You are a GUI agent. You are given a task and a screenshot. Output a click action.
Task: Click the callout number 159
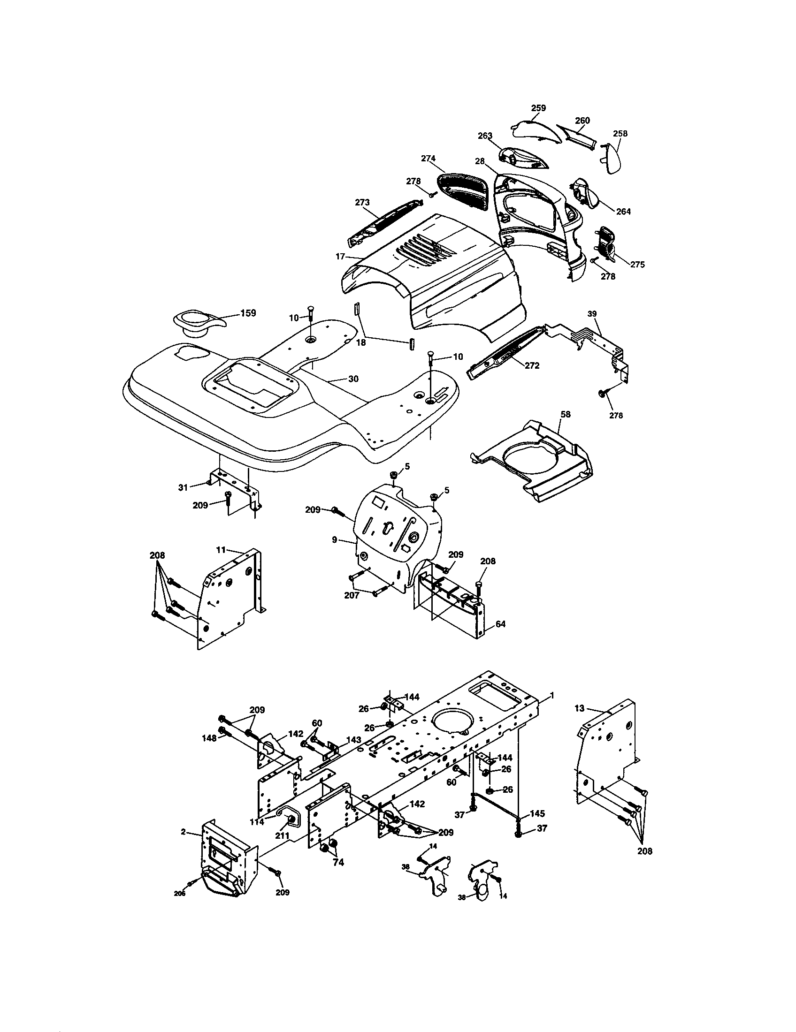coord(248,313)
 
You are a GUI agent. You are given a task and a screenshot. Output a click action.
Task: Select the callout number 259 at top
coord(538,108)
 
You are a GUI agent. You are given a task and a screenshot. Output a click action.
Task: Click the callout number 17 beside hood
coord(340,257)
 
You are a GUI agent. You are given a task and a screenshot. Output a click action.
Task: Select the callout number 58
coord(566,414)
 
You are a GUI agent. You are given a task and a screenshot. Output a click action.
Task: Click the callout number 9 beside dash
coord(334,539)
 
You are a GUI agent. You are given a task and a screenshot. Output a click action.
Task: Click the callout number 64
coord(501,624)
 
